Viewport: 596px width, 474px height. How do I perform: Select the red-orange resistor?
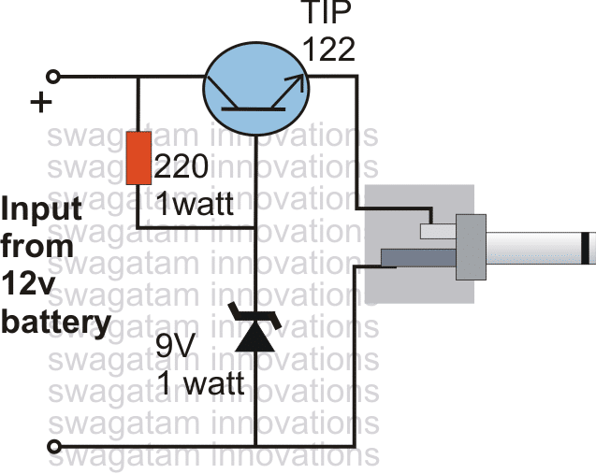[138, 158]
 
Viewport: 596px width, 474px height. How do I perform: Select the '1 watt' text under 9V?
[200, 383]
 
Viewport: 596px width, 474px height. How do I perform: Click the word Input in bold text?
[38, 207]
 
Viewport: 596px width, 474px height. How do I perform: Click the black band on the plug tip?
[585, 248]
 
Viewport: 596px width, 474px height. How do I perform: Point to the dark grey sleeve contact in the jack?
[417, 257]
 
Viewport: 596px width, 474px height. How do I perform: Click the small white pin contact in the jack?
[436, 230]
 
